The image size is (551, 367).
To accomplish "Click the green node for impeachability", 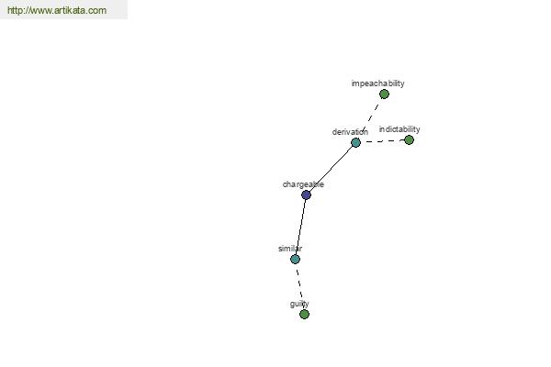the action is [x=384, y=95].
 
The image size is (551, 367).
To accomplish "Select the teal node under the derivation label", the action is [x=355, y=142].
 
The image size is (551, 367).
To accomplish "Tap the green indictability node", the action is [x=409, y=140].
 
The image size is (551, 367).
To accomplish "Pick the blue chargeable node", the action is [x=306, y=195].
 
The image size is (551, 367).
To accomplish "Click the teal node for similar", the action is [x=295, y=259].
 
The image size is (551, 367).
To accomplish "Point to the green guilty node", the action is [x=304, y=314].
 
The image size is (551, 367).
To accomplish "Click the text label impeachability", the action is [x=377, y=83].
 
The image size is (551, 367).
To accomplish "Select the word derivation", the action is [x=350, y=132].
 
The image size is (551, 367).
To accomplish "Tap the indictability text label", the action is [x=399, y=129].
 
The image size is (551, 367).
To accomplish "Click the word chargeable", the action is [x=303, y=184].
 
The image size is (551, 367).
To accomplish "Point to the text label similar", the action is [x=290, y=249].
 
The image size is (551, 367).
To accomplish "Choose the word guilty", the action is [x=299, y=304].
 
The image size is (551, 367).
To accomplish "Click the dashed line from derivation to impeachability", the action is [x=371, y=117].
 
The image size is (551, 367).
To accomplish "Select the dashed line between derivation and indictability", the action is [x=383, y=141].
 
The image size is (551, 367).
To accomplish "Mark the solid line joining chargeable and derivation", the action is [x=331, y=169].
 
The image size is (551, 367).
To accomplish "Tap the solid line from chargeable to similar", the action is [x=301, y=227].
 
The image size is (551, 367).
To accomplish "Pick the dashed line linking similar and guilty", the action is [x=299, y=286].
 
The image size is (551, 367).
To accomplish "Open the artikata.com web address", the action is [x=57, y=10].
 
